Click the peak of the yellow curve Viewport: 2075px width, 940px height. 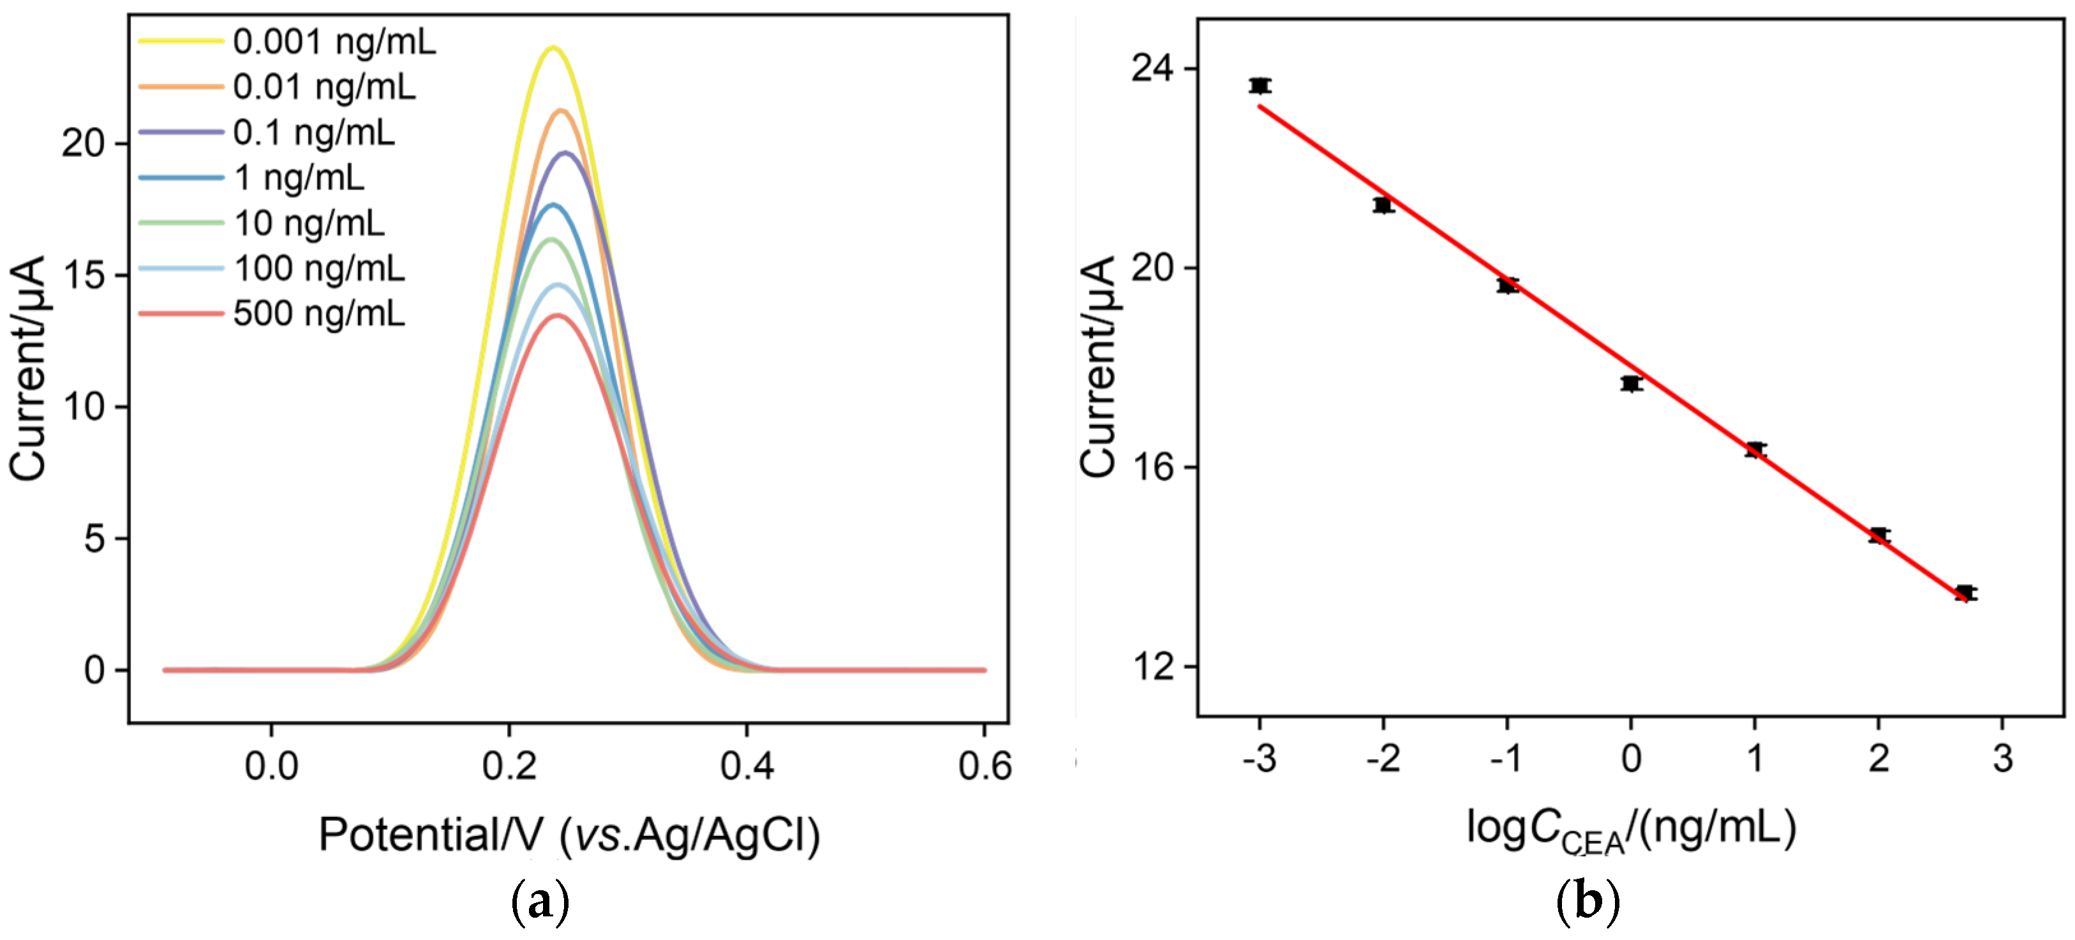(553, 47)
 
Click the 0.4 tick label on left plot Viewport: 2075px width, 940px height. (747, 766)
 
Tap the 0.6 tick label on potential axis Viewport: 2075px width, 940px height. (985, 766)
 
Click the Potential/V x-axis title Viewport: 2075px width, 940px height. (570, 835)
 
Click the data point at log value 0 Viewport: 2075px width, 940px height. (1631, 384)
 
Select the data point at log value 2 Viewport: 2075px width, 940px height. (1879, 535)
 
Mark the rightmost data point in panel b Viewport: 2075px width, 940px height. (1965, 593)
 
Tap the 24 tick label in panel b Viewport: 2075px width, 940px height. (1154, 68)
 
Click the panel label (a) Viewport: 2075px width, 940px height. (540, 903)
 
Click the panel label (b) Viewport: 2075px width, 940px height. (1587, 903)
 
